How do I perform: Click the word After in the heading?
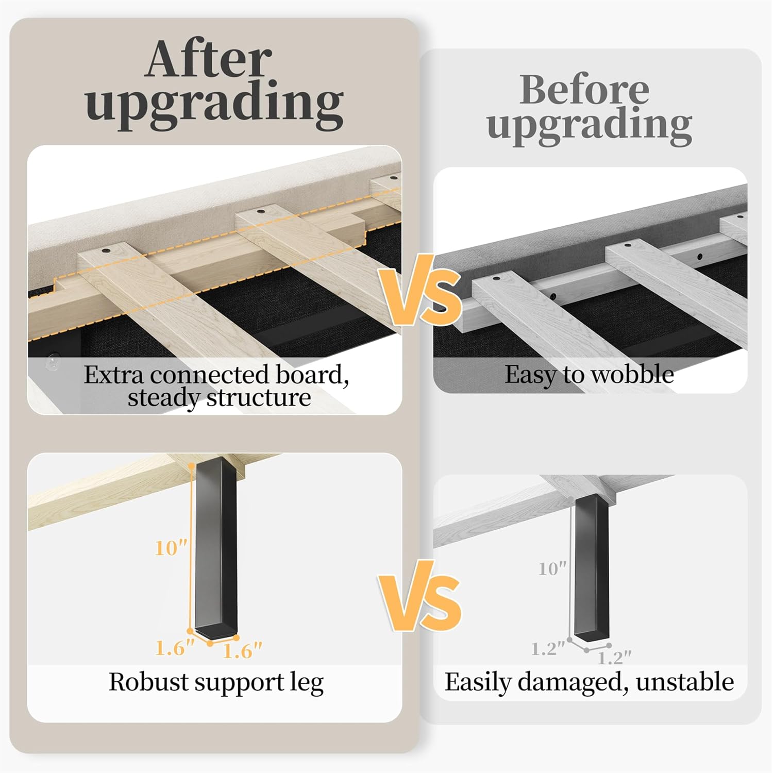208,59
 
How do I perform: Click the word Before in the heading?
584,90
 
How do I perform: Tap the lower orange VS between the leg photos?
420,596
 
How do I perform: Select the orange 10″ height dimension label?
171,548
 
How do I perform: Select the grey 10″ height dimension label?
552,569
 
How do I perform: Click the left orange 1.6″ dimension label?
175,648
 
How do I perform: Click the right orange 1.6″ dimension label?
242,651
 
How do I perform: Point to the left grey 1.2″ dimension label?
548,649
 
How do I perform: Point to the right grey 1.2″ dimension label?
614,658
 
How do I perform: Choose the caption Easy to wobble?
589,375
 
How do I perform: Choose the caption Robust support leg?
216,683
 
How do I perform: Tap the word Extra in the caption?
114,375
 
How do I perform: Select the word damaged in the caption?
573,683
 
